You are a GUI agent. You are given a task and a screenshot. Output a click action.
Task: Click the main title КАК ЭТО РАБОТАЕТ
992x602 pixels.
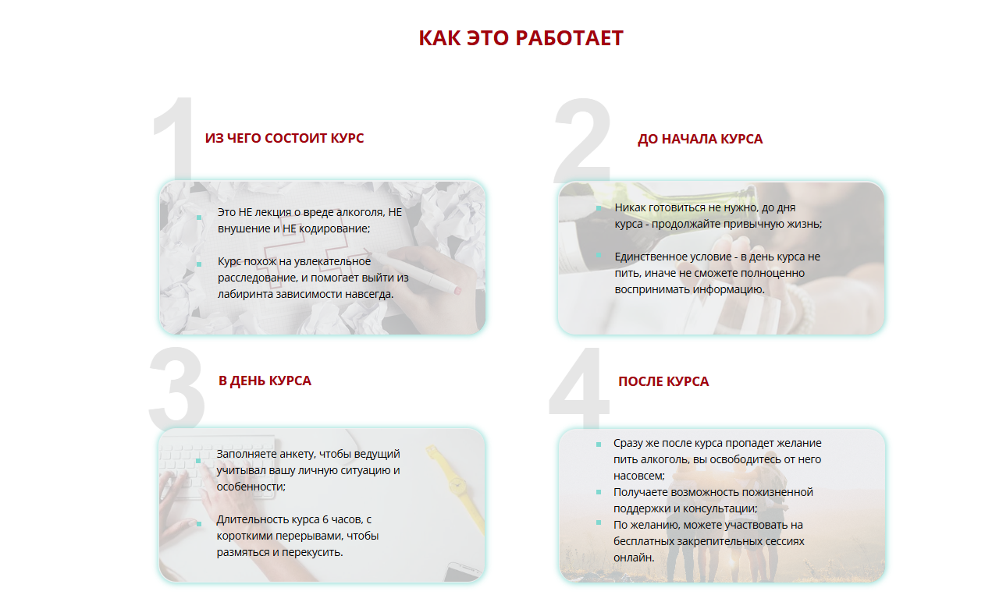click(x=521, y=38)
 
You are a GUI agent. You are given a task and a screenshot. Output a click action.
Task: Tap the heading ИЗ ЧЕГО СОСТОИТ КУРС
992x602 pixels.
click(x=284, y=138)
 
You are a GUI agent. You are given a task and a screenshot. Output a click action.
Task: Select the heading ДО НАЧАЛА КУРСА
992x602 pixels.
click(x=700, y=139)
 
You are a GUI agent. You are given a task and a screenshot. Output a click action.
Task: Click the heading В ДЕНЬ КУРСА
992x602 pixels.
click(x=265, y=381)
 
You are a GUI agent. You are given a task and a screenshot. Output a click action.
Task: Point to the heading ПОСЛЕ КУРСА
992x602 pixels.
click(x=663, y=381)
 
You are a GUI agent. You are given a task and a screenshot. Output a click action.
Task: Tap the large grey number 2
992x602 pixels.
click(x=583, y=140)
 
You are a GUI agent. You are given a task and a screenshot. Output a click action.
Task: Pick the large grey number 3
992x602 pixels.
click(x=176, y=388)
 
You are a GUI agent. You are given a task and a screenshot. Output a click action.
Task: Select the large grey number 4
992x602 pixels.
click(x=580, y=388)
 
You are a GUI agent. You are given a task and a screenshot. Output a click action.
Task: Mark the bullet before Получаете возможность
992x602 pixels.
click(x=599, y=492)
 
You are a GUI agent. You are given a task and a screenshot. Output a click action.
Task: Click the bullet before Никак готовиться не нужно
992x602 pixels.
click(x=599, y=208)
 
